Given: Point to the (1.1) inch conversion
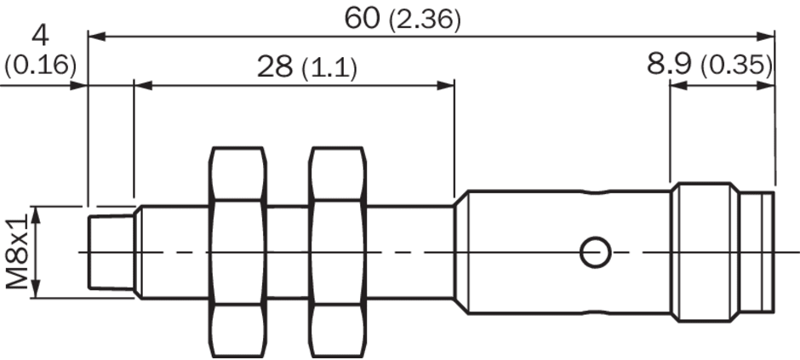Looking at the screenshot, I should (329, 69).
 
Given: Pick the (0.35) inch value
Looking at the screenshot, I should (736, 66).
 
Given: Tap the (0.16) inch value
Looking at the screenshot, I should (40, 66).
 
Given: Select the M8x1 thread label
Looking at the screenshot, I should (16, 252).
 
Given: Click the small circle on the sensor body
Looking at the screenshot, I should (593, 252).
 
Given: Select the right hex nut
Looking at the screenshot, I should (340, 253).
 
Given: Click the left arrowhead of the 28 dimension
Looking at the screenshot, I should (141, 84).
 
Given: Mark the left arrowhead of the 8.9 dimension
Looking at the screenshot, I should (677, 84).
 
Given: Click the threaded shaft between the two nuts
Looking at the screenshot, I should (288, 253).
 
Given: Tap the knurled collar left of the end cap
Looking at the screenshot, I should (703, 253).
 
